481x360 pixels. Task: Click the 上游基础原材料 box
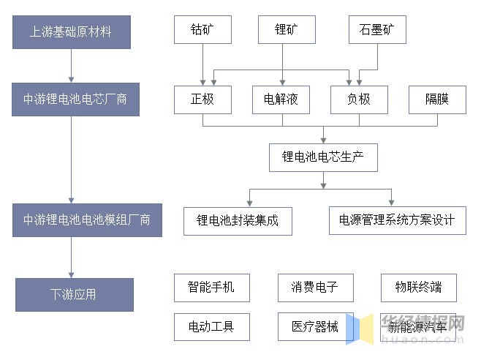[x=71, y=32]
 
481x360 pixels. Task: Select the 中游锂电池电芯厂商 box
[x=71, y=99]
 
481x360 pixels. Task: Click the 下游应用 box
[x=74, y=295]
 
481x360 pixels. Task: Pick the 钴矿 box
[x=202, y=30]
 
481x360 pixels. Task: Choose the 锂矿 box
[x=286, y=30]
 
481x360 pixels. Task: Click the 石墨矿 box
[x=376, y=30]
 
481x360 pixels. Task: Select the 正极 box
[x=202, y=100]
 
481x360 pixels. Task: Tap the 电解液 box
[x=281, y=100]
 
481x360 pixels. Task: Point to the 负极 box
[x=359, y=100]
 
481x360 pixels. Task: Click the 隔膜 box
[x=437, y=100]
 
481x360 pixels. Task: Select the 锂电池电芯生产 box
[x=323, y=157]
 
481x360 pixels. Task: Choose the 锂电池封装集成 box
[x=238, y=220]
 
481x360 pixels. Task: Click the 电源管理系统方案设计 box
[x=397, y=220]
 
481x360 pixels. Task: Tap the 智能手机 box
[x=211, y=288]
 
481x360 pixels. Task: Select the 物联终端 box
[x=418, y=288]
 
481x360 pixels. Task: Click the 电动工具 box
[x=211, y=327]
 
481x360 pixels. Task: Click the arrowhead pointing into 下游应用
[x=72, y=274]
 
